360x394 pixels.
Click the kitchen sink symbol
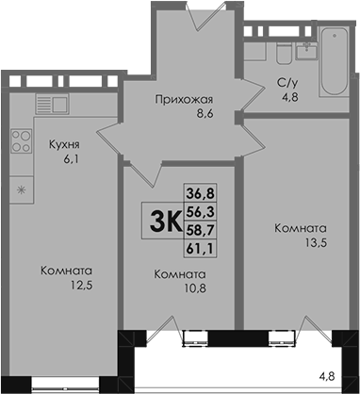click(x=52, y=104)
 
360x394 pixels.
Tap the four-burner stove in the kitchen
click(x=22, y=140)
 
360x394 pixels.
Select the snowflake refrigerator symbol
click(x=21, y=189)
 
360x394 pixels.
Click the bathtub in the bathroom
click(x=335, y=61)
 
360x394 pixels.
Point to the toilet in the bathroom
click(x=284, y=54)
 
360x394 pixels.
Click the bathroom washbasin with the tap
click(x=306, y=50)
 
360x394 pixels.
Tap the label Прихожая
click(x=184, y=100)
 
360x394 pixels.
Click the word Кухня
click(x=64, y=145)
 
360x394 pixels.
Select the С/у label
click(x=287, y=83)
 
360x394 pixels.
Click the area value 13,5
click(x=317, y=243)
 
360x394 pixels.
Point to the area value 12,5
click(x=82, y=286)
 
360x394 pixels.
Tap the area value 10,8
click(x=195, y=288)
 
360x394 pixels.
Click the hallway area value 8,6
click(x=205, y=113)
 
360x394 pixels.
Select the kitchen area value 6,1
click(x=71, y=159)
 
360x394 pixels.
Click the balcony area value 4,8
click(x=326, y=376)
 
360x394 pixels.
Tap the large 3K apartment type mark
click(x=166, y=221)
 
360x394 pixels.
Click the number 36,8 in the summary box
click(x=201, y=193)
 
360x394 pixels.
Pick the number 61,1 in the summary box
click(x=200, y=249)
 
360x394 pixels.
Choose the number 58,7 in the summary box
click(x=201, y=230)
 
